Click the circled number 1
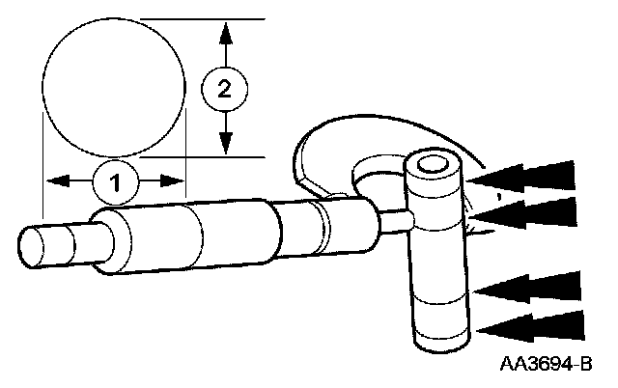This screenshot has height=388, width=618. pyautogui.click(x=115, y=180)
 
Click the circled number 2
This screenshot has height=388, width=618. pyautogui.click(x=224, y=90)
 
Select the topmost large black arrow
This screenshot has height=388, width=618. pyautogui.click(x=526, y=176)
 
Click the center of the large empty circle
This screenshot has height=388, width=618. pyautogui.click(x=114, y=86)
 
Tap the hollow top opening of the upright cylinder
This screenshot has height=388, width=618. pyautogui.click(x=432, y=163)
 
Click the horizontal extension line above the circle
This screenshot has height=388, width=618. pyautogui.click(x=203, y=18)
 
